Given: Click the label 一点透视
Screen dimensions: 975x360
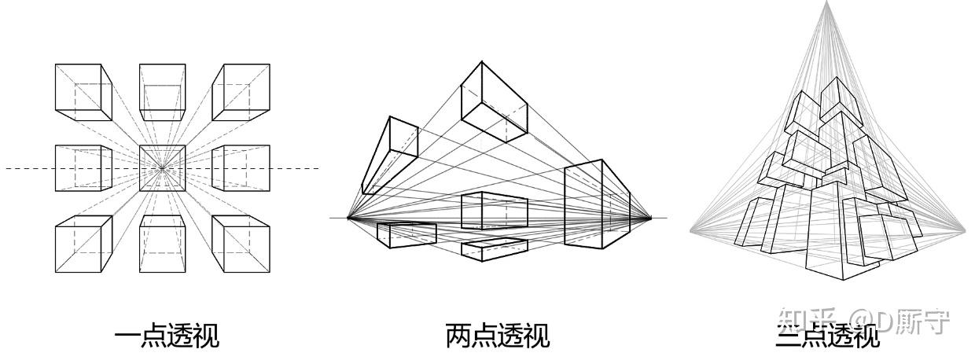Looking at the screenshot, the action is (167, 336).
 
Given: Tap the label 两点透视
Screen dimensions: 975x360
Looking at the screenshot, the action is (497, 336).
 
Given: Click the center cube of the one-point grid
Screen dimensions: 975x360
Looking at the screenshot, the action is (163, 167).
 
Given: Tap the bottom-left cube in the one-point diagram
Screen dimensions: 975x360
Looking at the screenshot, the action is (83, 244).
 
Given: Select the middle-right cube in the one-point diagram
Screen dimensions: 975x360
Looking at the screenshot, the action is (245, 167).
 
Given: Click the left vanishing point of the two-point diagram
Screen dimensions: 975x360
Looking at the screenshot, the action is (348, 218).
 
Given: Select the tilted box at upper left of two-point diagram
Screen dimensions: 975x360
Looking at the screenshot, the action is (390, 155).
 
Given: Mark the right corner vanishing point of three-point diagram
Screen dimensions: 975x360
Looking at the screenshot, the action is (965, 230).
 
